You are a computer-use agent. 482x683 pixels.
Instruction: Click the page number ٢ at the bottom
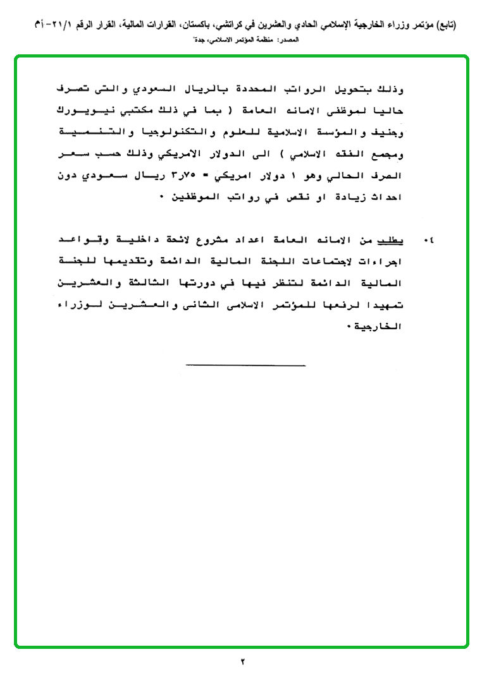[242, 662]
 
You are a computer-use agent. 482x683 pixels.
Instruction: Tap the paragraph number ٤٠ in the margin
[430, 241]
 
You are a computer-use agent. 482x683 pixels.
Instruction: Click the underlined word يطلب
[392, 241]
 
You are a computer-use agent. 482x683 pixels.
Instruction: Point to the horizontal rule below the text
[246, 365]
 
